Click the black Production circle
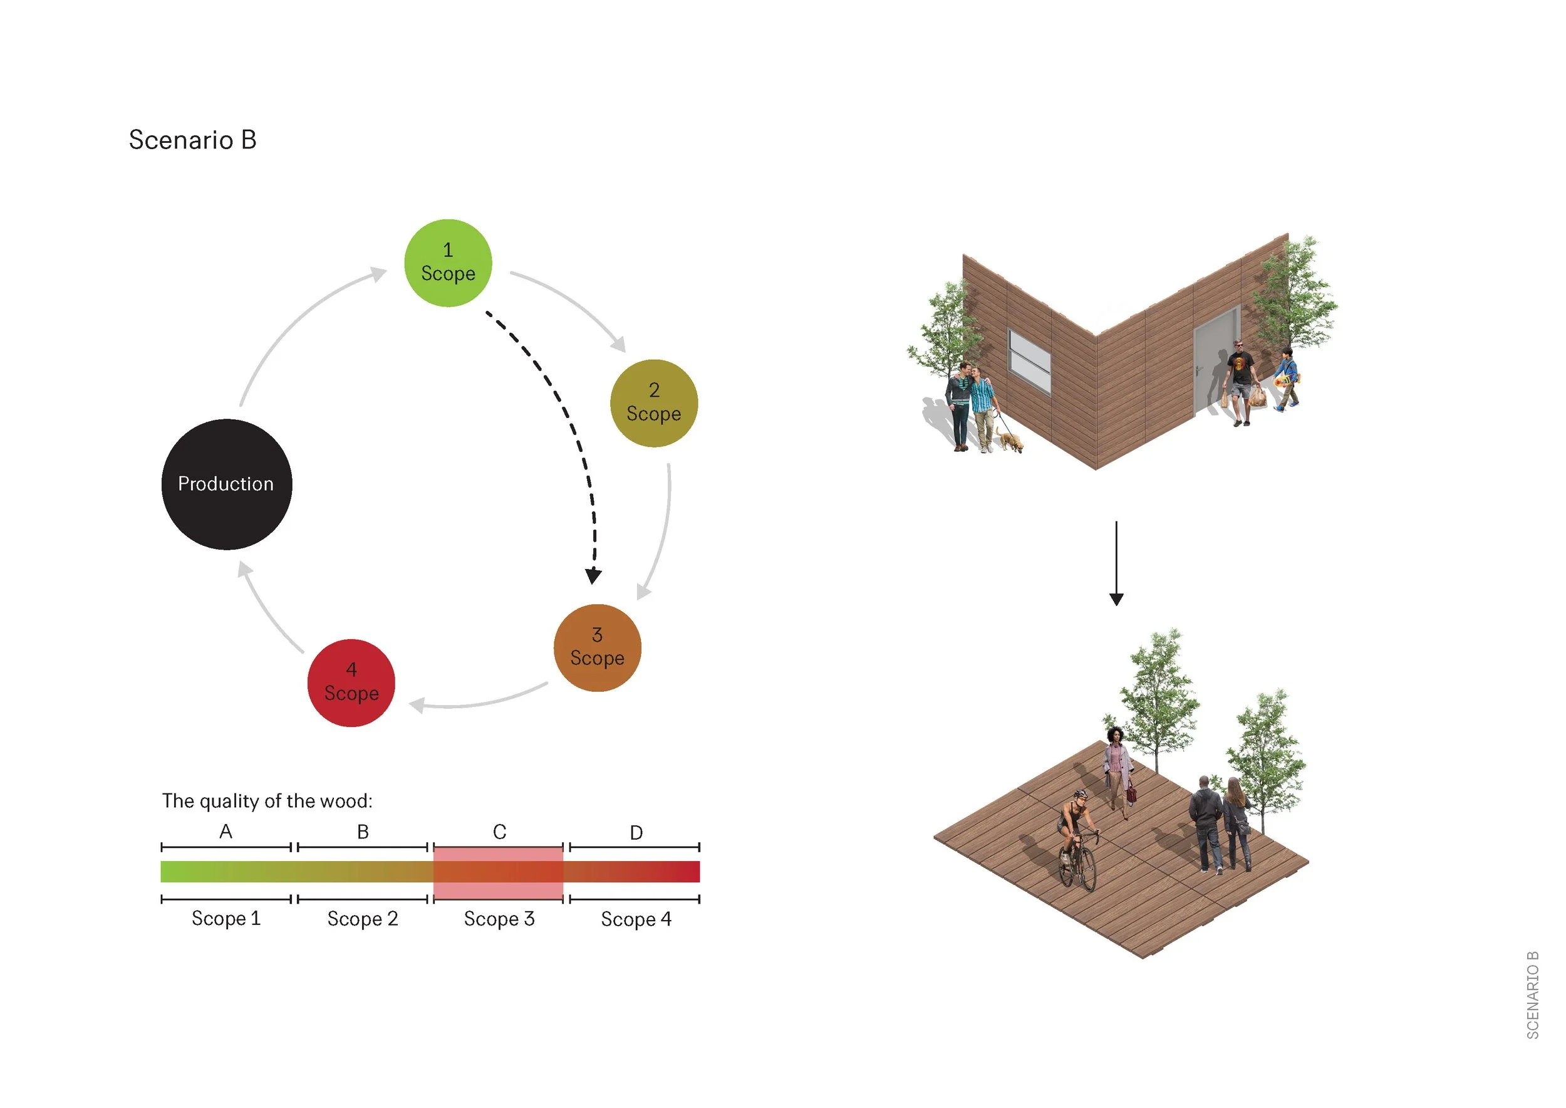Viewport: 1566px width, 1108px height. tap(226, 484)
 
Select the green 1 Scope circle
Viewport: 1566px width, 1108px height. tap(448, 263)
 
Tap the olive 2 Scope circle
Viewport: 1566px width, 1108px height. tap(653, 403)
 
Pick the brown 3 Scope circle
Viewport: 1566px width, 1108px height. tap(597, 647)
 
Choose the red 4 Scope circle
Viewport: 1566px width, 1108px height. tap(351, 682)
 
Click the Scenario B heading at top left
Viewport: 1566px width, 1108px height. tap(192, 140)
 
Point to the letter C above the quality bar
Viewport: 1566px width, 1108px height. tap(499, 832)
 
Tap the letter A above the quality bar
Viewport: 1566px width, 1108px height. tap(226, 831)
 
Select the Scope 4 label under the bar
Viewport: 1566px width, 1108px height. tap(636, 919)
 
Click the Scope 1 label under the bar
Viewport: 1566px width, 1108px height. tap(226, 918)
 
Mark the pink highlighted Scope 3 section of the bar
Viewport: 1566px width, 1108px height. tap(498, 872)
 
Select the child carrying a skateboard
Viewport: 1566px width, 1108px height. tap(1287, 379)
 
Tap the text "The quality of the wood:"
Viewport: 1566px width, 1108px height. tap(267, 801)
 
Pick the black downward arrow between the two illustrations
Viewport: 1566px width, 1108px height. tap(1116, 563)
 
